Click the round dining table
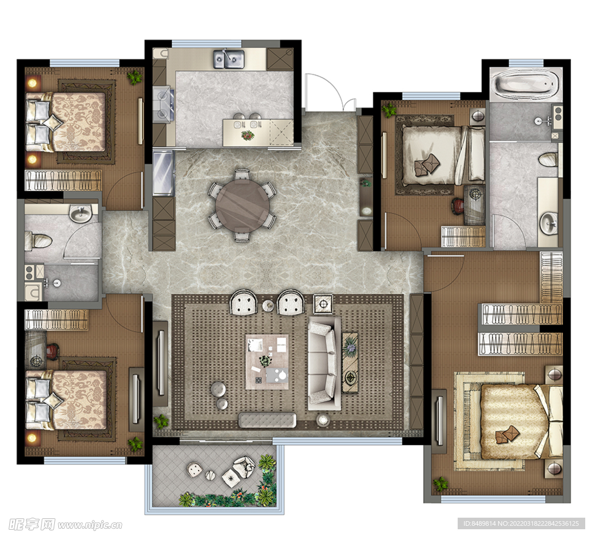click(x=243, y=205)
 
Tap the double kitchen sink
click(x=229, y=59)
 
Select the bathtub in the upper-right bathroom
click(x=526, y=84)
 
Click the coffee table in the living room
click(x=267, y=361)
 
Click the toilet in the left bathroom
click(x=38, y=241)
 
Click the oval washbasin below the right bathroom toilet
click(x=549, y=223)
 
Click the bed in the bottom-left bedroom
click(x=66, y=399)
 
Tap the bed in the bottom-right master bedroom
click(x=522, y=421)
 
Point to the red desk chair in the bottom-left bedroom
click(x=53, y=351)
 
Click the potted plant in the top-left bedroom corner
click(x=134, y=77)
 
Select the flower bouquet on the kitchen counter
click(x=248, y=134)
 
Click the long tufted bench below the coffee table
click(x=267, y=420)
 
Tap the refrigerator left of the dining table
click(x=163, y=173)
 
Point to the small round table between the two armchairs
click(x=268, y=305)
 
